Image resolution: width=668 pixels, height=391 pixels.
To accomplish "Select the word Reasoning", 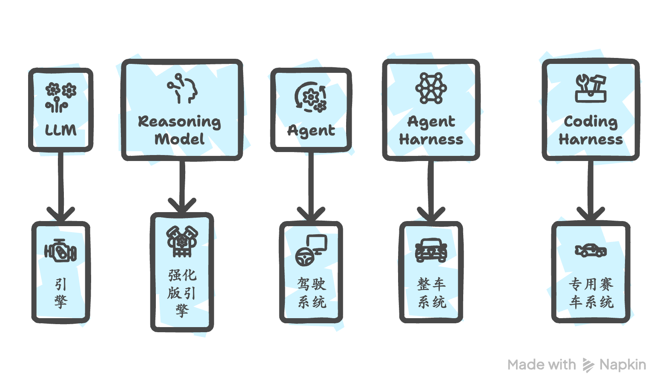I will click(x=179, y=122).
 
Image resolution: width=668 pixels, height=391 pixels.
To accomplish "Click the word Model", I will click(x=179, y=139).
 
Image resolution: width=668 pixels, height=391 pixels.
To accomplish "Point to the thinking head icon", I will click(x=182, y=89).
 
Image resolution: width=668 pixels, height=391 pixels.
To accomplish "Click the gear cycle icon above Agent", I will click(x=311, y=97).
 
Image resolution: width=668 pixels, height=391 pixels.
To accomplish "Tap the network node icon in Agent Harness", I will click(x=431, y=88).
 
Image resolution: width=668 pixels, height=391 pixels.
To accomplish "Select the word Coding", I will click(x=591, y=122).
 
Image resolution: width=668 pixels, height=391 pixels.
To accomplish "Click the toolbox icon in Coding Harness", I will click(x=591, y=88).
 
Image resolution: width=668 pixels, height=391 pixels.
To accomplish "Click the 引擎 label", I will click(x=61, y=293).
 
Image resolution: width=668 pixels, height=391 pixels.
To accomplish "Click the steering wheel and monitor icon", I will click(x=311, y=250).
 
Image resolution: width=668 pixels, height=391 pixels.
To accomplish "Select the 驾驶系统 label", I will click(x=311, y=293).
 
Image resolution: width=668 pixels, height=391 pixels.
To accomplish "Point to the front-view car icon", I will click(x=431, y=250).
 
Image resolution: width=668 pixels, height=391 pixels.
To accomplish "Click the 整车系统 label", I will click(x=431, y=293).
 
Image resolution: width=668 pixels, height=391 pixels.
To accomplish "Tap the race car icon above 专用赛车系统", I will click(x=591, y=250).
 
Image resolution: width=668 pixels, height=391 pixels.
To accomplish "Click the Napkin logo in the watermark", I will click(x=588, y=365).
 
